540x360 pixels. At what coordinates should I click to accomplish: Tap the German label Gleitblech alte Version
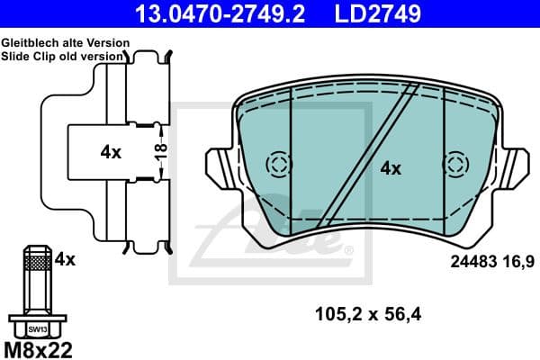[x=65, y=43]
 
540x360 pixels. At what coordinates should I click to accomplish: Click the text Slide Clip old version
[x=62, y=56]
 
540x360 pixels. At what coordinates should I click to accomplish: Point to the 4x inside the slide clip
[x=111, y=152]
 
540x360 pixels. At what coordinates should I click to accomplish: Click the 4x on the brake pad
[x=390, y=167]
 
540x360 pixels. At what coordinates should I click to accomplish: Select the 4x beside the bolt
[x=64, y=259]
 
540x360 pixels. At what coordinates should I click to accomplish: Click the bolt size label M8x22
[x=39, y=349]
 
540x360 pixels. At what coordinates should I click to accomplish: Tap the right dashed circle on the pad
[x=456, y=165]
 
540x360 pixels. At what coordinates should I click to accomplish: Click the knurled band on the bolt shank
[x=38, y=262]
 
